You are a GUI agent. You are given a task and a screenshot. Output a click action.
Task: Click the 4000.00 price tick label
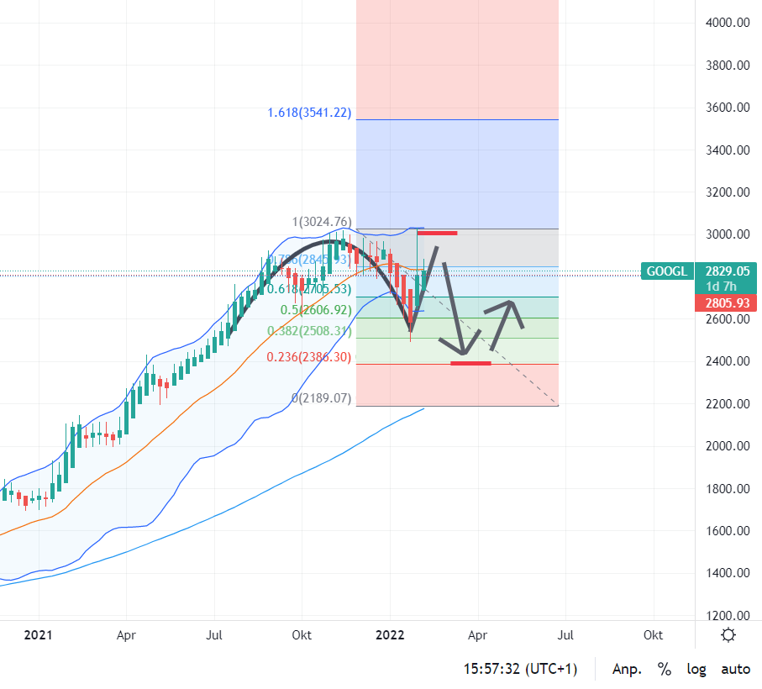pos(727,23)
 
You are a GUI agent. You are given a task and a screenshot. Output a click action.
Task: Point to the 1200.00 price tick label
pos(727,615)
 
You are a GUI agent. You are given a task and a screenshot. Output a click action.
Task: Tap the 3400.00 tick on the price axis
pos(727,150)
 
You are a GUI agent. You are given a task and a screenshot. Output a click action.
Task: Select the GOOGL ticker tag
pos(667,271)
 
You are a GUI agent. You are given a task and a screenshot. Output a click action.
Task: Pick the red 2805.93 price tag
pos(727,302)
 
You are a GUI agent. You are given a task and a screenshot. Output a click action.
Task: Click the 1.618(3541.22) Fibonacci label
pos(308,113)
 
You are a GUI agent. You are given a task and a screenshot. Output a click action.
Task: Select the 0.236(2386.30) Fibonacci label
pos(308,357)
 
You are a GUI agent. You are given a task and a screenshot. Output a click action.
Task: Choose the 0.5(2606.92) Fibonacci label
pos(316,309)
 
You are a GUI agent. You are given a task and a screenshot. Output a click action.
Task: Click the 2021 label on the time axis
pos(38,635)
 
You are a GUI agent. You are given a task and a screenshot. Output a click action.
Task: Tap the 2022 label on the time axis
pos(390,635)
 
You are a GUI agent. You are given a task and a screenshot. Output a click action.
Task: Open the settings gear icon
pos(728,635)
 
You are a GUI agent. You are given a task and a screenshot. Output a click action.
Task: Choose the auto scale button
pos(736,670)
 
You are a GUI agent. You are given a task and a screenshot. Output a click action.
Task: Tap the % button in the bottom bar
pos(665,670)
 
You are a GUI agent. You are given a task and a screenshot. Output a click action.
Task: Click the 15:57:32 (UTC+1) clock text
pos(521,670)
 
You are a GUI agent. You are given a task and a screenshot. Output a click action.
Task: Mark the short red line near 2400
pos(470,363)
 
